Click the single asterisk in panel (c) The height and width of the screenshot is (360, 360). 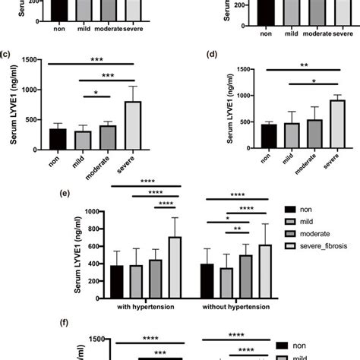pyautogui.click(x=96, y=95)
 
